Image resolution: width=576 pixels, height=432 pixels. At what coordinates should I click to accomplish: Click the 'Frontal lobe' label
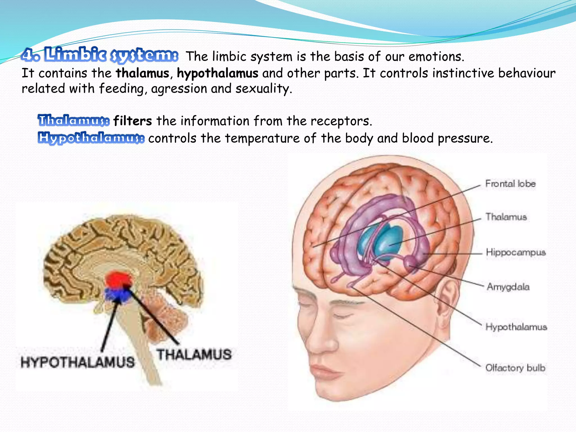pyautogui.click(x=510, y=184)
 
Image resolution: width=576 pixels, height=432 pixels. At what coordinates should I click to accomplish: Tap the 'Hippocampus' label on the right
pyautogui.click(x=516, y=252)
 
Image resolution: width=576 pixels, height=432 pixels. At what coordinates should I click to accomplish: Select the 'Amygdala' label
pyautogui.click(x=508, y=287)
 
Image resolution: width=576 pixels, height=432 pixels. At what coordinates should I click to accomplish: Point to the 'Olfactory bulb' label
pyautogui.click(x=515, y=368)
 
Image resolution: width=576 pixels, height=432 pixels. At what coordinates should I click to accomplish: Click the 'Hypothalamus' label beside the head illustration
pyautogui.click(x=516, y=327)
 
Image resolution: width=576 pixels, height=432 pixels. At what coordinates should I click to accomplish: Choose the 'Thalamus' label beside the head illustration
pyautogui.click(x=506, y=217)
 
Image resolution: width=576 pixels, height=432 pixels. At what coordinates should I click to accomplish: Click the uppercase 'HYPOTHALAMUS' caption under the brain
pyautogui.click(x=78, y=362)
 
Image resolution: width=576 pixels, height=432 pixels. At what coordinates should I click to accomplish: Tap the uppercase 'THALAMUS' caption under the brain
pyautogui.click(x=194, y=354)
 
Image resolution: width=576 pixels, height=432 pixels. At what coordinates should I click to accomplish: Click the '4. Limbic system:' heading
pyautogui.click(x=100, y=55)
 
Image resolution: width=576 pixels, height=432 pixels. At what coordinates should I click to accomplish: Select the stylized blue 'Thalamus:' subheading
pyautogui.click(x=74, y=120)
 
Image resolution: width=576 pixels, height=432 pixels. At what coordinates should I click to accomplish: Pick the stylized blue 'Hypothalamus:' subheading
pyautogui.click(x=91, y=138)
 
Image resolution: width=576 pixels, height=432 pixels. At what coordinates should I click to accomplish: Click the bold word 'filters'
pyautogui.click(x=132, y=121)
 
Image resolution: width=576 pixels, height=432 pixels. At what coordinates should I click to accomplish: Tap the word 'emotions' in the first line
pyautogui.click(x=436, y=57)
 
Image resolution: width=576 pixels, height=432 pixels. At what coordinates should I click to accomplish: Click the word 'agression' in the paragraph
pyautogui.click(x=179, y=89)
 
